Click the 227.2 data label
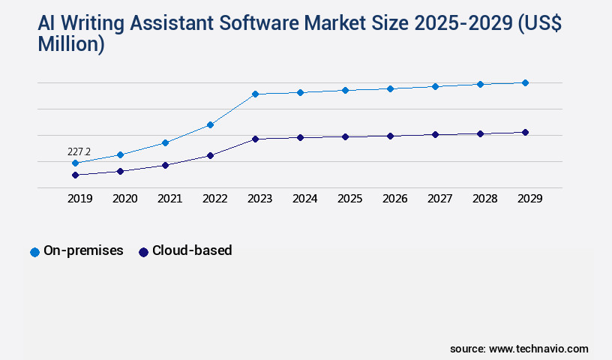[79, 151]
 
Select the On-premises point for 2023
[255, 94]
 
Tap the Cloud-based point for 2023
[255, 139]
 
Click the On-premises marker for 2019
[75, 163]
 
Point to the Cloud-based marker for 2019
[75, 175]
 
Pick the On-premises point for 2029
[525, 82]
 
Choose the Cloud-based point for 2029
[525, 132]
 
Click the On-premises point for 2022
[210, 124]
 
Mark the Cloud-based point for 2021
[165, 165]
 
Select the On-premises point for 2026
[390, 88]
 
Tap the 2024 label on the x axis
[304, 199]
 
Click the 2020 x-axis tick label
[124, 199]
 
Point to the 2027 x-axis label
[439, 199]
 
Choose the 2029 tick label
[529, 199]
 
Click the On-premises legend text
[83, 250]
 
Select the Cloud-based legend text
[192, 250]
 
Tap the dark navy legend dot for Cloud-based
[143, 252]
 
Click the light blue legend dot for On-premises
[34, 252]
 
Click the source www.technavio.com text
[519, 349]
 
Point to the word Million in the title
[71, 45]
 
